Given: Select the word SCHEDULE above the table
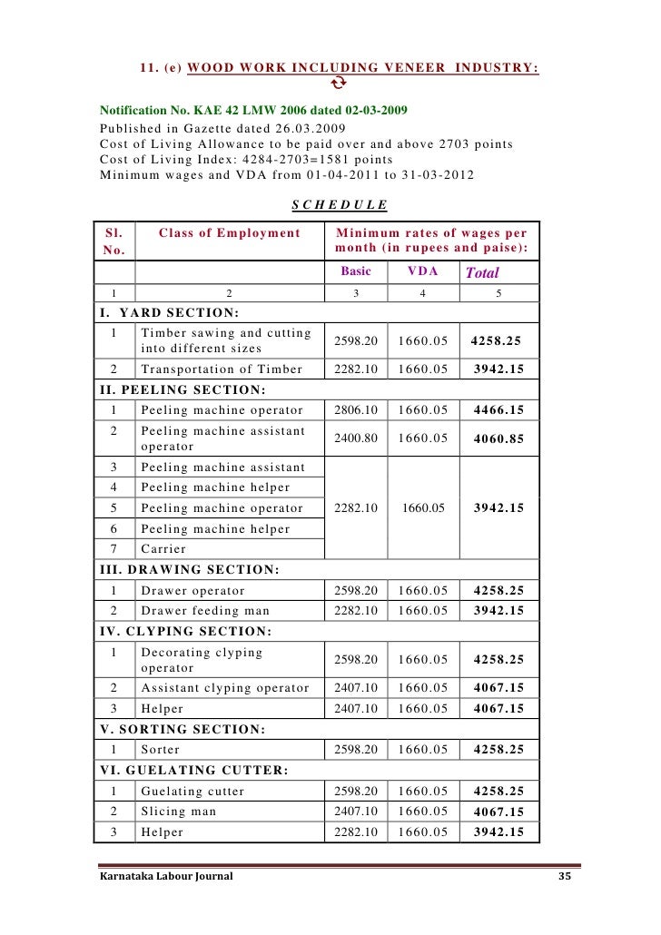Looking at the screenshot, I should [339, 205].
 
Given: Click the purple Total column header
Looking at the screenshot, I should [481, 272].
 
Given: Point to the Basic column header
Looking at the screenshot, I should [355, 271].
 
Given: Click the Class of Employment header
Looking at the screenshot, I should [229, 233].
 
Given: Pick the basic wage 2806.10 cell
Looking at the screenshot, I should [355, 410].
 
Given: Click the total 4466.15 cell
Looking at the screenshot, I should [498, 410].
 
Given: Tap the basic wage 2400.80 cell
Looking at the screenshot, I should [355, 438].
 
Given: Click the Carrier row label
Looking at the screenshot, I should [163, 549].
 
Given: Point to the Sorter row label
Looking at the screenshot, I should [161, 750].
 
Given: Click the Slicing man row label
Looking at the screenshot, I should [179, 812].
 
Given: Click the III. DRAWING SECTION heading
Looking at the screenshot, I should [188, 570].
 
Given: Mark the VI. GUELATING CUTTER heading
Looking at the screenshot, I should [192, 771].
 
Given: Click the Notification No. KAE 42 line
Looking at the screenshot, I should [253, 111].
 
